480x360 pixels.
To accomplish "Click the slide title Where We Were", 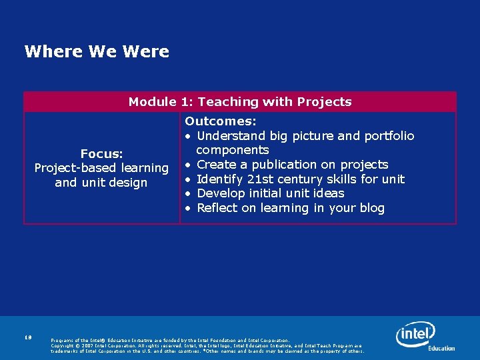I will point(97,51).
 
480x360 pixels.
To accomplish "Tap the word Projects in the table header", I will point(325,102).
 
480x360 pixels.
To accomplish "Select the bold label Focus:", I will point(101,154).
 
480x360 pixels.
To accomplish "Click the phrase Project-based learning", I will point(101,168).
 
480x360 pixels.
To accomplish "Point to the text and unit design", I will point(101,183).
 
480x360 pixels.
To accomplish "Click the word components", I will point(232,150).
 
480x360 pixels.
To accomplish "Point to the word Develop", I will point(223,193).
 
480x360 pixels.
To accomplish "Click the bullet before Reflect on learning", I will point(189,209).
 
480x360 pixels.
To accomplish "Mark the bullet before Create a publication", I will point(189,165).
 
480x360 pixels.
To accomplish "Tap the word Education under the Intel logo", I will point(441,348).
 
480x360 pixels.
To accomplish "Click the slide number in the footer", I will point(27,339).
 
